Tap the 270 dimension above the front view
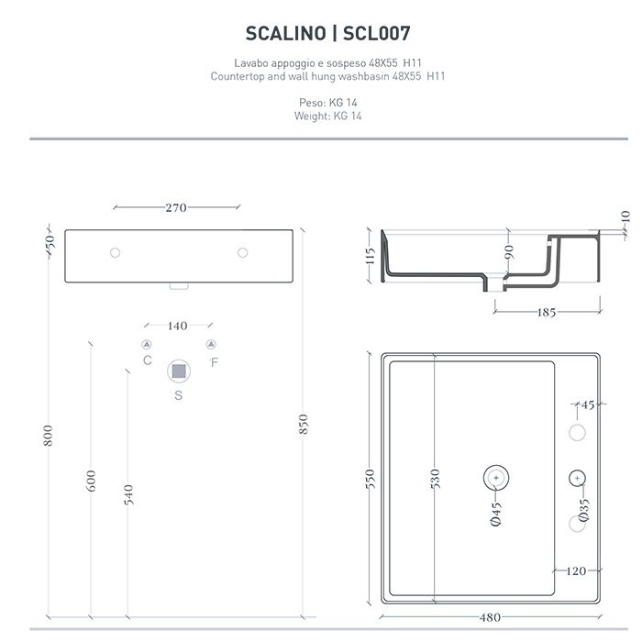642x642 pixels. click(x=176, y=207)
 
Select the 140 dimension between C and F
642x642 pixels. click(x=178, y=326)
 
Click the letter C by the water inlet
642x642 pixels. click(x=148, y=361)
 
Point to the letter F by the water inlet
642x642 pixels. click(x=214, y=361)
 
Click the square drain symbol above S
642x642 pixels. click(x=179, y=371)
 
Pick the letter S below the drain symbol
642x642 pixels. click(x=179, y=396)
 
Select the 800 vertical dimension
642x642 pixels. click(x=50, y=436)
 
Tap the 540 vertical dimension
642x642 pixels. click(x=128, y=494)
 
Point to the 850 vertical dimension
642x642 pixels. click(x=304, y=424)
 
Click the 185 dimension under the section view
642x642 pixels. click(x=547, y=313)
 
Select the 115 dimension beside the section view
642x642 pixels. click(x=371, y=256)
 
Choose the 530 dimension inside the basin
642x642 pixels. click(x=436, y=478)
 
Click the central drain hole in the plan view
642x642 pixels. click(x=495, y=477)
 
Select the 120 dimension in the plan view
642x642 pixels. click(x=575, y=571)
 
